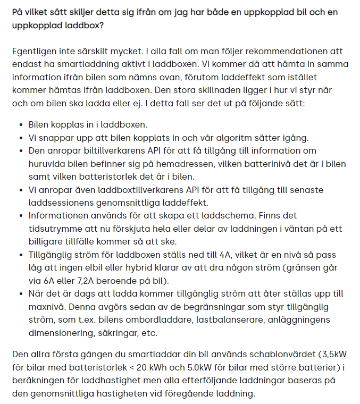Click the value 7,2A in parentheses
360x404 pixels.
[x=87, y=280]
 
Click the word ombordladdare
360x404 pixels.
[x=164, y=319]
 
